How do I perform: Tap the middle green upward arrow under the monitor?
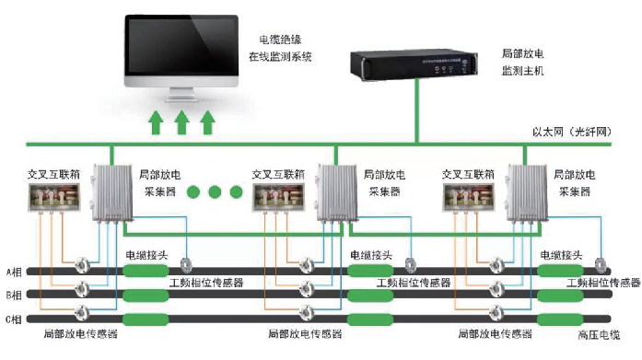(x=181, y=121)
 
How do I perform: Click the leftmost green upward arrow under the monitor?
(x=156, y=121)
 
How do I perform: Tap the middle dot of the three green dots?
(x=214, y=192)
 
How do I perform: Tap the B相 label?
(x=16, y=296)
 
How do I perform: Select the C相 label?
(x=16, y=319)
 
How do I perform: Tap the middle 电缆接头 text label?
(x=372, y=255)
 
